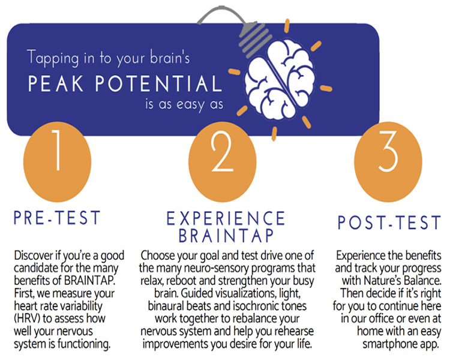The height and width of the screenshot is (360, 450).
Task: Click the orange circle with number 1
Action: pos(57,161)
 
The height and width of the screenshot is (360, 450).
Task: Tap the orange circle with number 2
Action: pos(223,161)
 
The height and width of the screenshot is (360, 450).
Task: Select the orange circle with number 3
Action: pos(388,161)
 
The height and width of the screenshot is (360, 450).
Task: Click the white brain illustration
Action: pos(280,79)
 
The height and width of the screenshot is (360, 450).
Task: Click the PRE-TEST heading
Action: pos(57,218)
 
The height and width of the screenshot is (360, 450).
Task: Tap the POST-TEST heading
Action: pos(389,223)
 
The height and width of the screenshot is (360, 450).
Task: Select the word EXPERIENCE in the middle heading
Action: pos(226,218)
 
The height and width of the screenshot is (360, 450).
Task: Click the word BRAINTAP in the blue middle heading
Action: pos(226,236)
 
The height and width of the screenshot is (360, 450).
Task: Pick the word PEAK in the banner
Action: pos(56,83)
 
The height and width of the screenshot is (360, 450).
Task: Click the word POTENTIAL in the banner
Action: pos(158,83)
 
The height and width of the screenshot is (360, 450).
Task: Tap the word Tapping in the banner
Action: pos(53,58)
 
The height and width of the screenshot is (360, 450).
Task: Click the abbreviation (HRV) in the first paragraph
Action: pos(28,319)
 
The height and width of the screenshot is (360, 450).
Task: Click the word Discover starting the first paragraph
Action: pos(34,255)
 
